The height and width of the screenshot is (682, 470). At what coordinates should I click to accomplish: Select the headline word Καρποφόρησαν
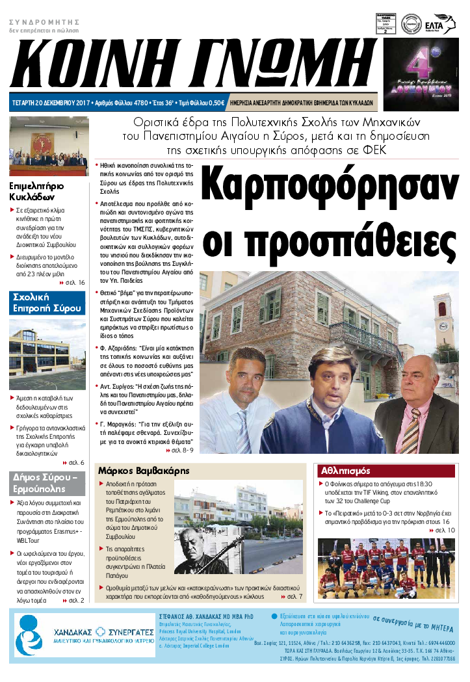tap(330, 187)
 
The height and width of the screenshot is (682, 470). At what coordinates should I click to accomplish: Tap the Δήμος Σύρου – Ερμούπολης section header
tap(47, 484)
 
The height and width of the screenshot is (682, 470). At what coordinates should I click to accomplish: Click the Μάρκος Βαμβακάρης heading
tap(142, 470)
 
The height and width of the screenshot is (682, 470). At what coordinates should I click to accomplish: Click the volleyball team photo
tap(386, 568)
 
